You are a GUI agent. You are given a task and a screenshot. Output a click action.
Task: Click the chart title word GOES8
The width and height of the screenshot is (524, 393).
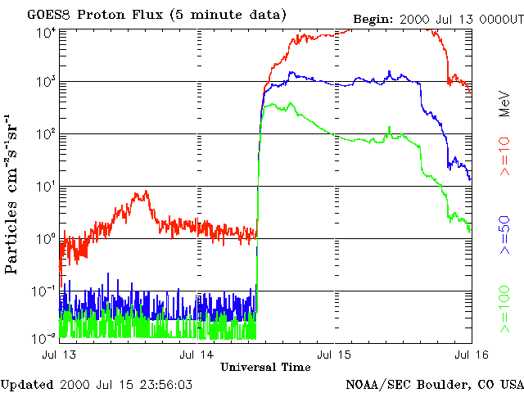[49, 15]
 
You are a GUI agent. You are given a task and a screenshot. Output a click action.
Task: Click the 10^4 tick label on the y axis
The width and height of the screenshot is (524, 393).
[47, 32]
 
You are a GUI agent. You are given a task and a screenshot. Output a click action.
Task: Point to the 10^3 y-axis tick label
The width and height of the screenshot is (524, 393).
[47, 81]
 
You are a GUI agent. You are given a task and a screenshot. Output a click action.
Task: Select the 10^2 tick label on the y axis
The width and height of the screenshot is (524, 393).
[47, 133]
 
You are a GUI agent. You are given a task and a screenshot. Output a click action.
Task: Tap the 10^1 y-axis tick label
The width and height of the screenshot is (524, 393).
[47, 186]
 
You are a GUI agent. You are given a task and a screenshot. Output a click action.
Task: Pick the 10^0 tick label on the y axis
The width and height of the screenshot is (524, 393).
[47, 238]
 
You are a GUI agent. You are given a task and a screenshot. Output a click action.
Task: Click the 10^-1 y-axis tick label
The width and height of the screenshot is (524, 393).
[45, 291]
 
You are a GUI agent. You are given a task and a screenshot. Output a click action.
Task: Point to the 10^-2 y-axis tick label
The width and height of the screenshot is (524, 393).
[45, 338]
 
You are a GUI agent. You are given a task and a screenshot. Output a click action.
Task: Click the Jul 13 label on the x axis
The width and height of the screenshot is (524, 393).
[59, 355]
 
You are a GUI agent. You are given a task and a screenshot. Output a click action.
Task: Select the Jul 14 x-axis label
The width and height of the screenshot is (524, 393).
[196, 355]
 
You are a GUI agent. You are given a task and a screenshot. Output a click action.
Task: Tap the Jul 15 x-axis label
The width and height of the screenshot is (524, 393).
[334, 355]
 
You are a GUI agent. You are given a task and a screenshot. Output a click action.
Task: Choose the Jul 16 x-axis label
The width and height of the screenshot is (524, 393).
[472, 355]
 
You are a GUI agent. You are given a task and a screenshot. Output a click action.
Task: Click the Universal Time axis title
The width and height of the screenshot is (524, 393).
[265, 367]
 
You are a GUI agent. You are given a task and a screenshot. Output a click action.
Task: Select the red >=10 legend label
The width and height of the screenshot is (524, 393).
[505, 156]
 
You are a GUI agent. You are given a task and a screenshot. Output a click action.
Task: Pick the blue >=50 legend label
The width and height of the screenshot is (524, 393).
[505, 235]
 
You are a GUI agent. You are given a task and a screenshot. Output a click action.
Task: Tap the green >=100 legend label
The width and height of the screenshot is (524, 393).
[505, 309]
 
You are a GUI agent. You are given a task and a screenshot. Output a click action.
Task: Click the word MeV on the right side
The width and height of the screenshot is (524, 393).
[505, 104]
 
